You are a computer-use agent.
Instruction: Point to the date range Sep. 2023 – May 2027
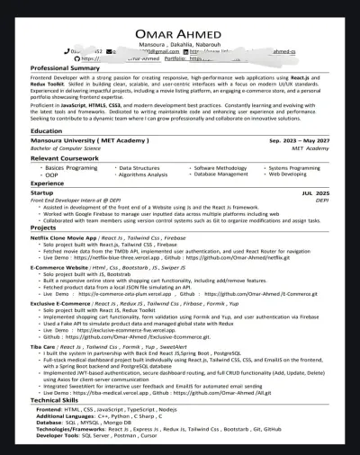coord(299,141)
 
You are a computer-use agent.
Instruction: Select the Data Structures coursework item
coord(139,168)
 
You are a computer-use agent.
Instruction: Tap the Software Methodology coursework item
coord(220,168)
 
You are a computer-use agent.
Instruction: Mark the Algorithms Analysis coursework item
coord(142,175)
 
